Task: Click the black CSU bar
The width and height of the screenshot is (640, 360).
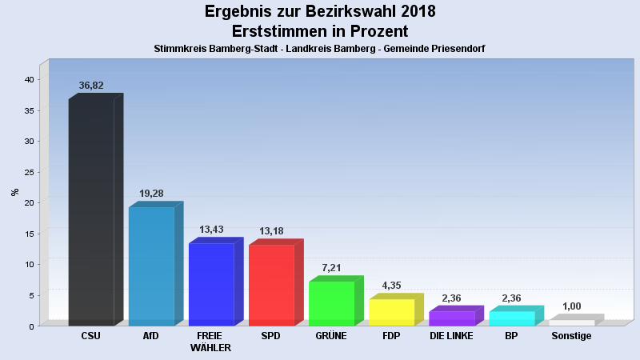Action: (91, 212)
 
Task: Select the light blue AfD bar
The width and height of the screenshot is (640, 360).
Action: (151, 266)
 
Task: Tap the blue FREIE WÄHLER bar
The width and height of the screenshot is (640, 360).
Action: (211, 284)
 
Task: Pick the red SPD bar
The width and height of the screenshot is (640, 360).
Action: (271, 285)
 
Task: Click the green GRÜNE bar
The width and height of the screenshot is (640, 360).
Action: (331, 303)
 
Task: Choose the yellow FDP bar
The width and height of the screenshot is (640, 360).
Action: (391, 312)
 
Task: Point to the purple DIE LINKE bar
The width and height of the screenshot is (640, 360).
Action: (451, 318)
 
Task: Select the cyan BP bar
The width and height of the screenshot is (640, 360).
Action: (511, 318)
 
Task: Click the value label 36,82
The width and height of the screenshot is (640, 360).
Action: (91, 86)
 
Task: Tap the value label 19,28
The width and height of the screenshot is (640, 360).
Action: (151, 194)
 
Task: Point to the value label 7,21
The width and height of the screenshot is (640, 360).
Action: (331, 268)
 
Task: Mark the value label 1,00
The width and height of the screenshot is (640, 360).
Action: (571, 306)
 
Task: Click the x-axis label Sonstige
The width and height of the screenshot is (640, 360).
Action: (571, 336)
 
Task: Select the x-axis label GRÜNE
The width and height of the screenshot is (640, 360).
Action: (331, 336)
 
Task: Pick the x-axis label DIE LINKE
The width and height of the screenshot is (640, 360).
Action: (451, 336)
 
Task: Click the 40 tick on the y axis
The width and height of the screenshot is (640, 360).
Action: (28, 80)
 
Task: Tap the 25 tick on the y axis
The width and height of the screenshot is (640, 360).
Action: (28, 172)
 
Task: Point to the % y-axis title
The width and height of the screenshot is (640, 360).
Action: (14, 192)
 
